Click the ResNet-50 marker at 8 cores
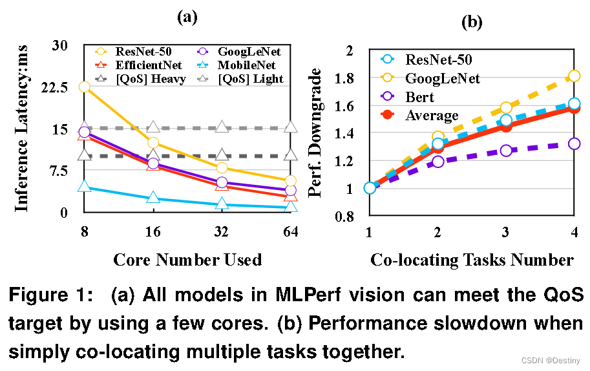pos(83,87)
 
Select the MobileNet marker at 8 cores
pos(83,187)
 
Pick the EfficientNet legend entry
pos(148,65)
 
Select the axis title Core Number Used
pos(187,259)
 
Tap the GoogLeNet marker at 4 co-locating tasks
pos(574,76)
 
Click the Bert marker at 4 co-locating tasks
pos(574,143)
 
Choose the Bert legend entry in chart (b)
pos(419,98)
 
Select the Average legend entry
pos(431,116)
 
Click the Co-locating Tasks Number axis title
pos(472,259)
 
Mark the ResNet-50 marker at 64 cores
pos(290,181)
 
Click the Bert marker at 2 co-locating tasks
pos(437,162)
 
